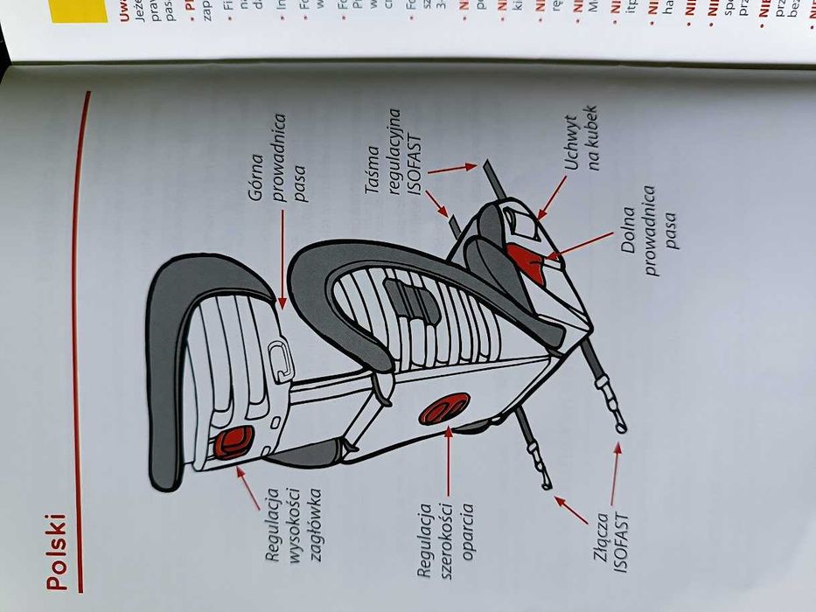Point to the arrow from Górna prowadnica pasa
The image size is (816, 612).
pos(282,262)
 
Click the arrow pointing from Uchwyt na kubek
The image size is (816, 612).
pos(551,198)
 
